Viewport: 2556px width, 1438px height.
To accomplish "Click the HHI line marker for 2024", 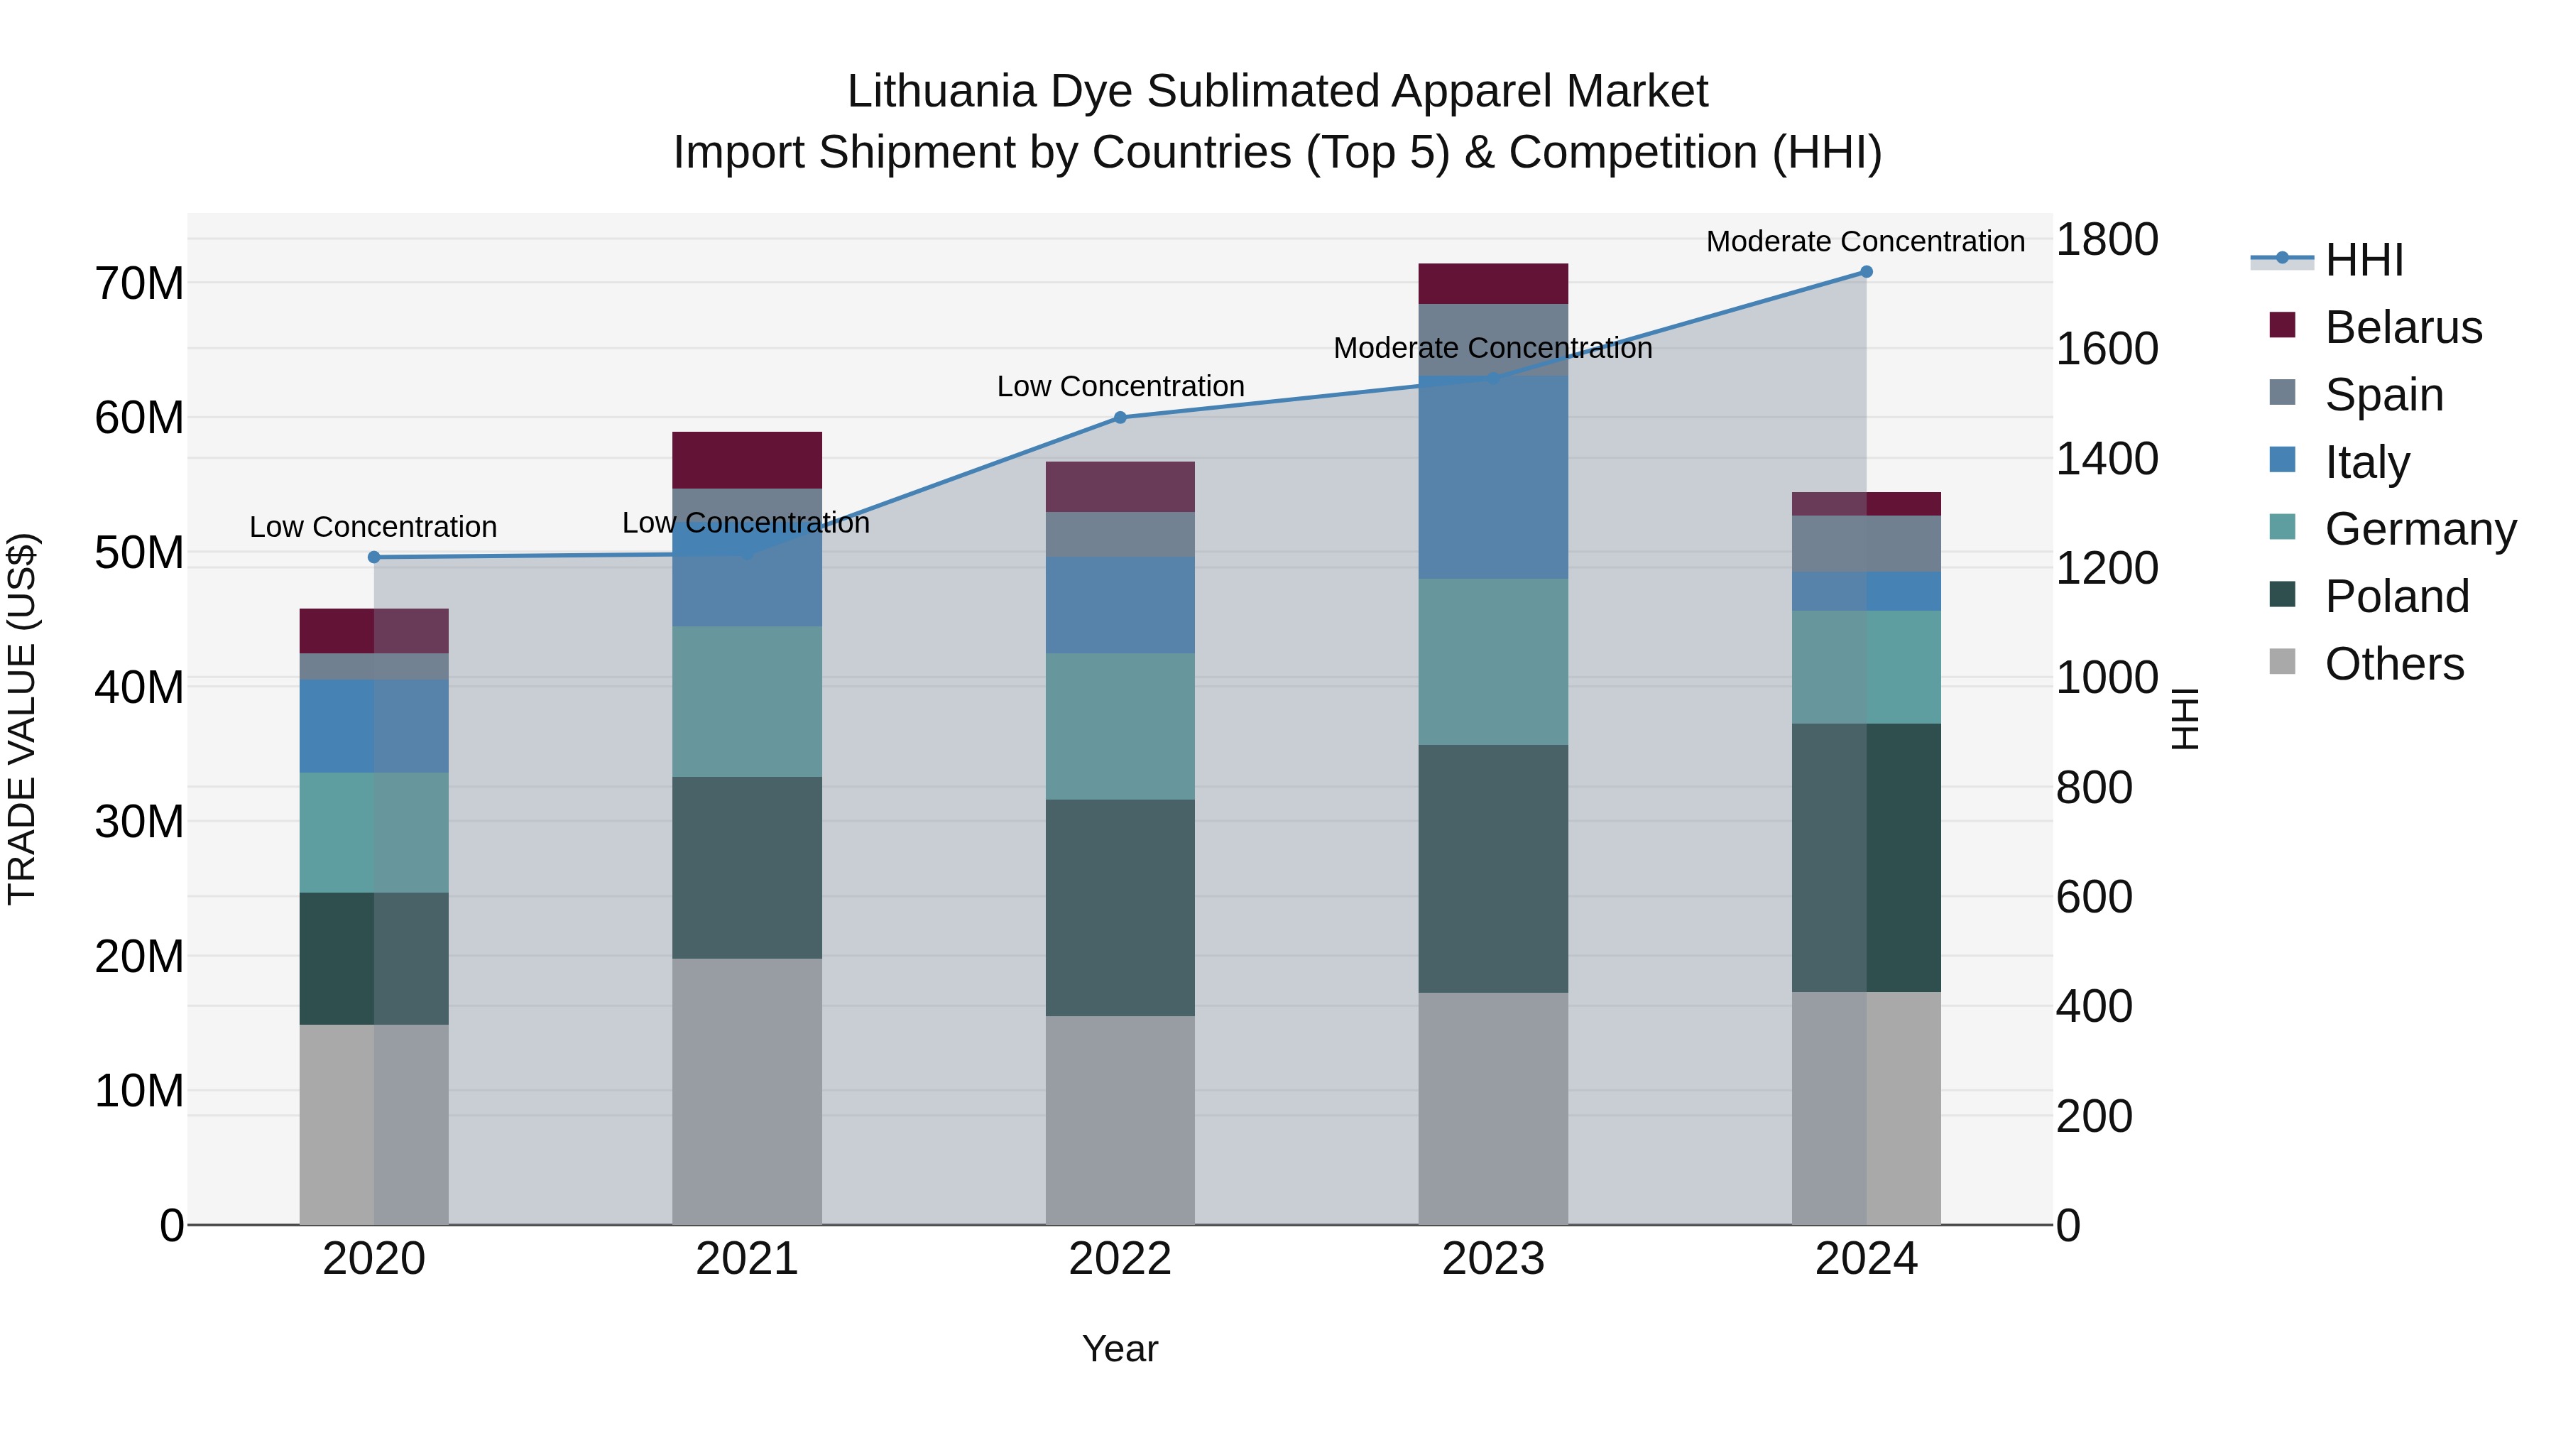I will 1865,272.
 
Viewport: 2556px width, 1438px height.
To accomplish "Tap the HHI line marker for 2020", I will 374,557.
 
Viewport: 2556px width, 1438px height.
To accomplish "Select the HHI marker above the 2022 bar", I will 1120,418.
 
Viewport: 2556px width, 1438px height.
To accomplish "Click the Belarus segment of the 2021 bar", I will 747,459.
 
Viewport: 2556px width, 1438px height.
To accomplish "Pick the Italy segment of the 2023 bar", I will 1492,477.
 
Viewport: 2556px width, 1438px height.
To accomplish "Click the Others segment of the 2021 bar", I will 747,1091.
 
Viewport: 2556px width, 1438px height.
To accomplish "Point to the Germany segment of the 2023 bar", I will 1492,662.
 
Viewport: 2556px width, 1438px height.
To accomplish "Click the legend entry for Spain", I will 2383,395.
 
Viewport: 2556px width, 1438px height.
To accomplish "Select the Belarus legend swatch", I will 2282,325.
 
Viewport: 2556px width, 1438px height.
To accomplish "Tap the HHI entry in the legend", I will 2364,260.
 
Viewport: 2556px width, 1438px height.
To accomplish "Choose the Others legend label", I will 2394,664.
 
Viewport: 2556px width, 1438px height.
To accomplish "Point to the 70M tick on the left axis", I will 139,284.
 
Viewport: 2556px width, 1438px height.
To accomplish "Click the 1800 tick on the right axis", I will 2107,239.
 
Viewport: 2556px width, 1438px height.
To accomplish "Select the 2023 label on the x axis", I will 1492,1259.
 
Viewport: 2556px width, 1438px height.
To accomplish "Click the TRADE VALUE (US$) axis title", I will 22,719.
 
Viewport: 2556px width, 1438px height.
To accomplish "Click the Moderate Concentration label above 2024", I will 1864,241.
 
